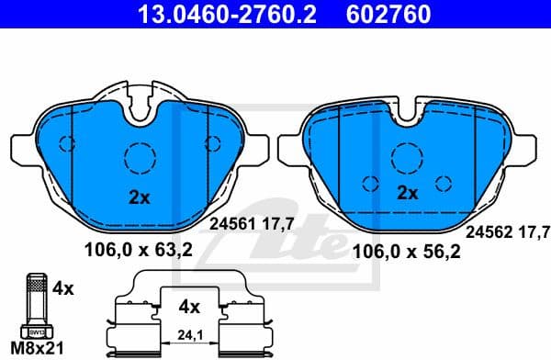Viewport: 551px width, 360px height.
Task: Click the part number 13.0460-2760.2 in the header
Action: [206, 15]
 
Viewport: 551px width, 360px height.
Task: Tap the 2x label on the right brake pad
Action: [407, 193]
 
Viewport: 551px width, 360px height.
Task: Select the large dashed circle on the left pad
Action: [141, 156]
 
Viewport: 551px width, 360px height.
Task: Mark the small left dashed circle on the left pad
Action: [66, 143]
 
